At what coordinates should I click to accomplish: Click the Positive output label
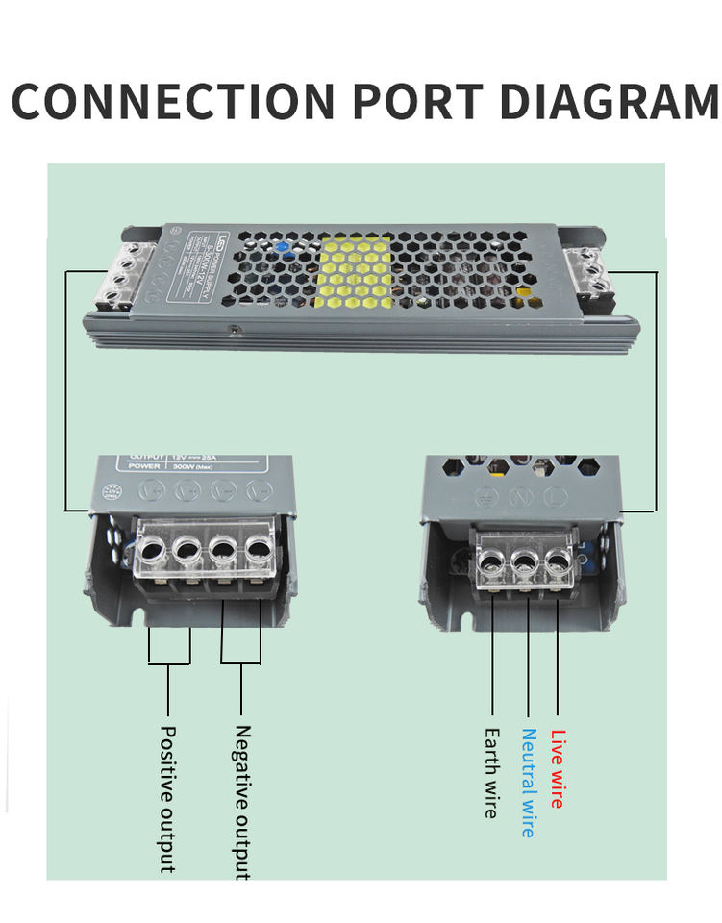tap(167, 798)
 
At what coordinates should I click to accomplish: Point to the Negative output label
tap(242, 801)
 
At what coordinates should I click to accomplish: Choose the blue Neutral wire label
tap(528, 782)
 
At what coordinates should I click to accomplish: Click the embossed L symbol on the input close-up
tap(554, 497)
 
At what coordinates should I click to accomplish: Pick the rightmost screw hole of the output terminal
tap(257, 552)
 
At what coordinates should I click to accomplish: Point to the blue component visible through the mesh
tap(283, 246)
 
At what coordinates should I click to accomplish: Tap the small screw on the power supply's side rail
tap(234, 329)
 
